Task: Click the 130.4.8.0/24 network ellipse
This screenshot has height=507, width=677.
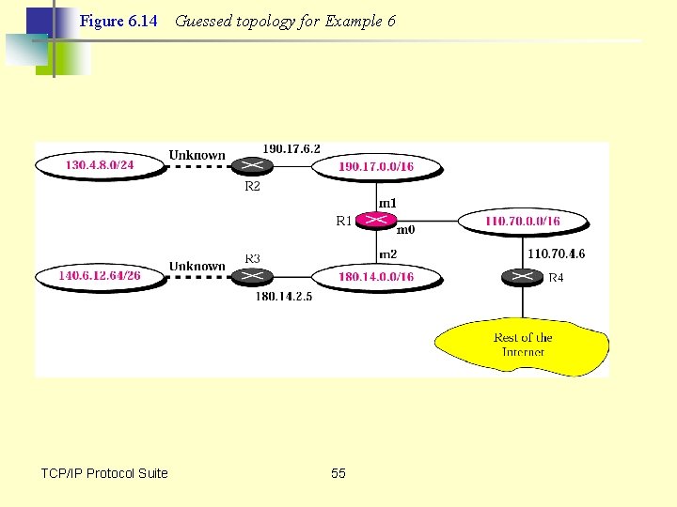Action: point(100,165)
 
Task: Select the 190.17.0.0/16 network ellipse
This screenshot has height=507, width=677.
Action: point(376,167)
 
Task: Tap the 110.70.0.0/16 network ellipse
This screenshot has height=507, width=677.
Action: point(523,222)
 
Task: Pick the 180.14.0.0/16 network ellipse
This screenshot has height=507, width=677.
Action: point(376,277)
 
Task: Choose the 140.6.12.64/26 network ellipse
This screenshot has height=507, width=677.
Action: point(100,276)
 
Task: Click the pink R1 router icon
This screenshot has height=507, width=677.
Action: point(376,221)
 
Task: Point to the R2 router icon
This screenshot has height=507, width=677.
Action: point(251,166)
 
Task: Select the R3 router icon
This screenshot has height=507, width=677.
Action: point(251,276)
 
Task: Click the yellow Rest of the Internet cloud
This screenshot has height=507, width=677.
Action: point(523,345)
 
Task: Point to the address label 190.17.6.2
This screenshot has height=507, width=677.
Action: point(291,148)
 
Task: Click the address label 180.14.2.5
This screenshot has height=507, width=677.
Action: point(284,297)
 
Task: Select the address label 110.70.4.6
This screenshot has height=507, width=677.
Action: point(557,253)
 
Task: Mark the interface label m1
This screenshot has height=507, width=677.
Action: point(387,202)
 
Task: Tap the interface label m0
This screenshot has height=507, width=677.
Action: point(406,229)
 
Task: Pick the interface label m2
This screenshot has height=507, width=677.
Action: point(387,254)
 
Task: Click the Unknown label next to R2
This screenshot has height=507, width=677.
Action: point(197,155)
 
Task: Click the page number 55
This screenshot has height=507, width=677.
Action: point(338,473)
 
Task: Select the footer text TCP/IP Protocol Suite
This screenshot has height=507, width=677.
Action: point(104,473)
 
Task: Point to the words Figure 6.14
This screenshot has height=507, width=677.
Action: point(118,21)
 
